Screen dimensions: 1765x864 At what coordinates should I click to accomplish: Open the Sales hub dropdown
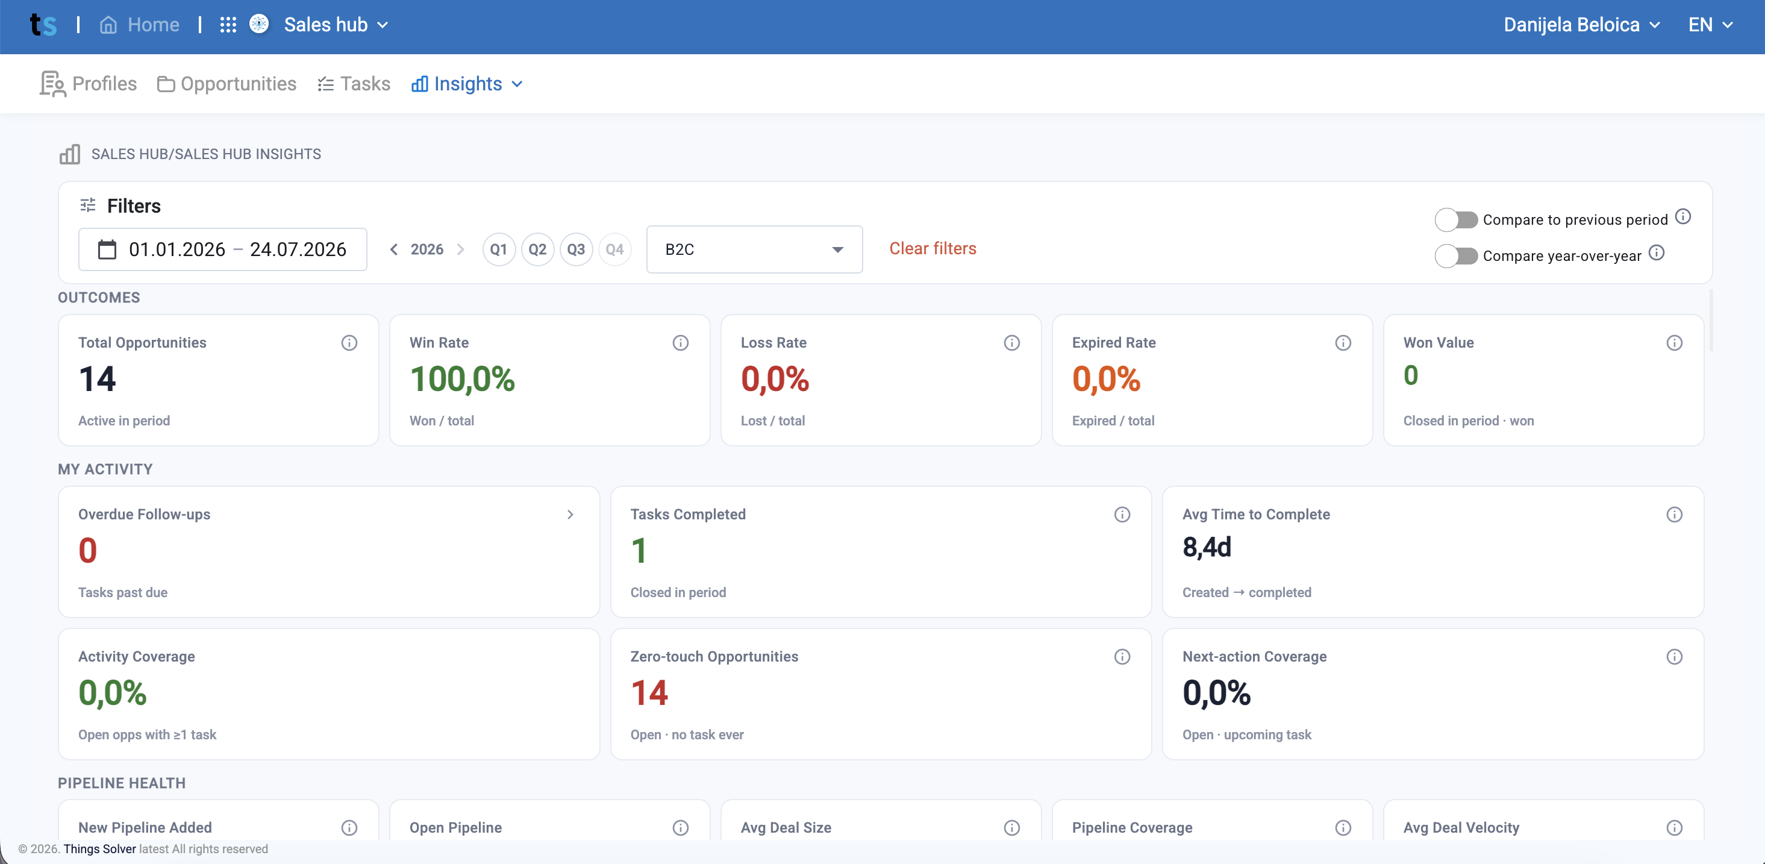(x=336, y=25)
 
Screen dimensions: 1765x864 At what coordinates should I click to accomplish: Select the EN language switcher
(x=1710, y=25)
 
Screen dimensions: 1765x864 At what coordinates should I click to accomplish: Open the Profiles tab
(x=89, y=84)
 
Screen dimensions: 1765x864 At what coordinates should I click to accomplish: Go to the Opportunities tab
(x=226, y=84)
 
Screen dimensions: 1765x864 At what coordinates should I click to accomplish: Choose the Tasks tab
(x=354, y=84)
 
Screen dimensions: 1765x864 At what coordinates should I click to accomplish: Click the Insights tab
(x=467, y=84)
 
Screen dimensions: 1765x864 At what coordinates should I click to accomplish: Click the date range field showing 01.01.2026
(x=223, y=249)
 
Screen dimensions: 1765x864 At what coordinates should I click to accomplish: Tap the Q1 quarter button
(x=499, y=249)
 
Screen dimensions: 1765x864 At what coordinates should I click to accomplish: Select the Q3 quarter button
(x=576, y=249)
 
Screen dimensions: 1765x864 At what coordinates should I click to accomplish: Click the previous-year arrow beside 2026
(x=394, y=249)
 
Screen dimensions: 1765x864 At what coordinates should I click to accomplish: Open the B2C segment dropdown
(x=754, y=249)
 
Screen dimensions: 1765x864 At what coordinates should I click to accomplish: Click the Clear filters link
(x=932, y=248)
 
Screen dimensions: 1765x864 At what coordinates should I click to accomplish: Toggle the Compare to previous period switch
(x=1456, y=220)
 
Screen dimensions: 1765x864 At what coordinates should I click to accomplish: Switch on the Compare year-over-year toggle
(x=1456, y=256)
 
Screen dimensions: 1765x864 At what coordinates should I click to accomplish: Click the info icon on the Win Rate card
(x=680, y=343)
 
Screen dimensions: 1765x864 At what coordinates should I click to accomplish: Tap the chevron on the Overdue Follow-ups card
(x=570, y=515)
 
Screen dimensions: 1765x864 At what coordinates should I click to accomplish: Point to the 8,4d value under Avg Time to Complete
(x=1207, y=548)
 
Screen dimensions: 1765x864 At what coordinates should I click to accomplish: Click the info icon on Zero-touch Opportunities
(x=1122, y=656)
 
